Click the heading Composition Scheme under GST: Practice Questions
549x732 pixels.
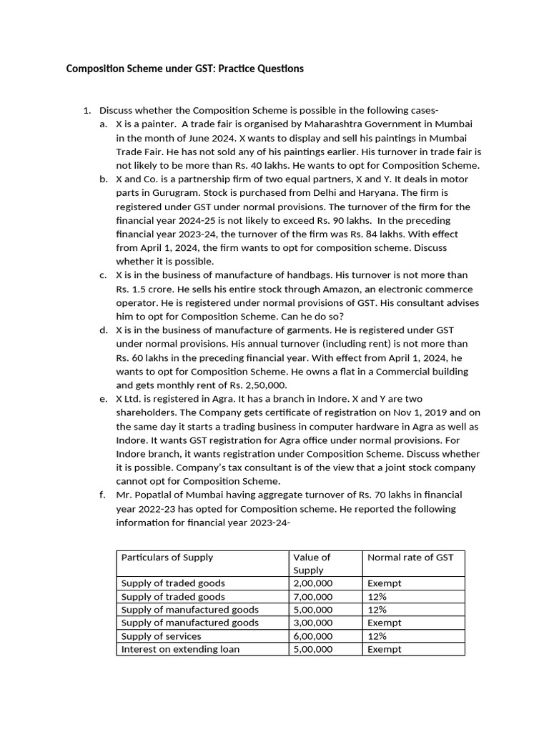click(x=184, y=69)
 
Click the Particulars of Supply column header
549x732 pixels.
click(x=167, y=558)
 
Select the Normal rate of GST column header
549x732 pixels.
click(x=410, y=558)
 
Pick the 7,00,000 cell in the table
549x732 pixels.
click(x=313, y=596)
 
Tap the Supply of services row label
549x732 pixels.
click(x=162, y=636)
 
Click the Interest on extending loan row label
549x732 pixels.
click(x=181, y=649)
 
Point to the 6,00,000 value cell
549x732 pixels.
click(x=313, y=636)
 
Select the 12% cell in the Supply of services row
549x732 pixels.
click(x=377, y=636)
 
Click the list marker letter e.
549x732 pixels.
click(x=104, y=399)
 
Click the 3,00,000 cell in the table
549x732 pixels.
click(x=313, y=623)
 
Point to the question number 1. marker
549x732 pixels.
click(x=87, y=110)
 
